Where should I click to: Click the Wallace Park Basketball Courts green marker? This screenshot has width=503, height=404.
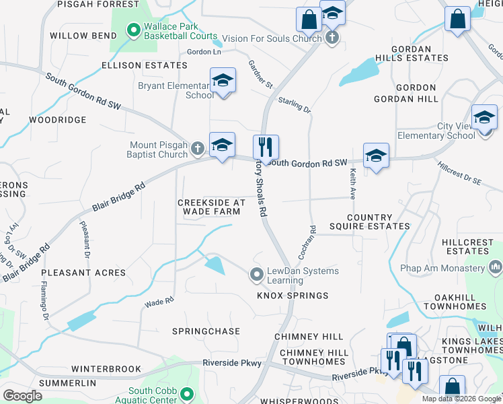(x=133, y=30)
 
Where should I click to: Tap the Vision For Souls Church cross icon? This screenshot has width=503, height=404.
(x=332, y=38)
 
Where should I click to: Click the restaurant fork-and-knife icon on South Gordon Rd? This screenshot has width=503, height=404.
(x=266, y=146)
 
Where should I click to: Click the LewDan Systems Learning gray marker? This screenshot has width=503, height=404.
(x=256, y=274)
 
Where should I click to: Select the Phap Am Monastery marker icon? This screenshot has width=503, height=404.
(x=496, y=268)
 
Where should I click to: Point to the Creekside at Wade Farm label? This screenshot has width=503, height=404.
(x=211, y=207)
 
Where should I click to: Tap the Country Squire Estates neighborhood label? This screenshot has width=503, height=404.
(x=369, y=222)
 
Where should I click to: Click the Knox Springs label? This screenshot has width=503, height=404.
(x=292, y=296)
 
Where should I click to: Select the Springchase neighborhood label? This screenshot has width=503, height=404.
(x=206, y=331)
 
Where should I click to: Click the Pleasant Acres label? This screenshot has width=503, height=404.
(x=83, y=273)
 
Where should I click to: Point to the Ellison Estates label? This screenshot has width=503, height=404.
(x=144, y=65)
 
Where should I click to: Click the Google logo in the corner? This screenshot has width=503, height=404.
(x=23, y=395)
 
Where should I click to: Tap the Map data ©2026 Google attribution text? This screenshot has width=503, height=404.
(x=461, y=399)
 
